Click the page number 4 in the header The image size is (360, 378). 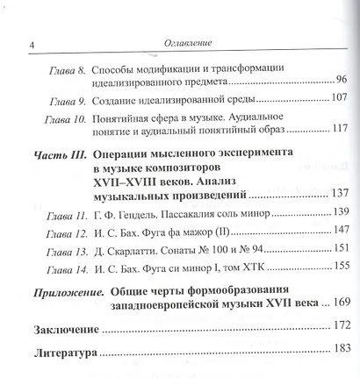[x=32, y=46]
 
